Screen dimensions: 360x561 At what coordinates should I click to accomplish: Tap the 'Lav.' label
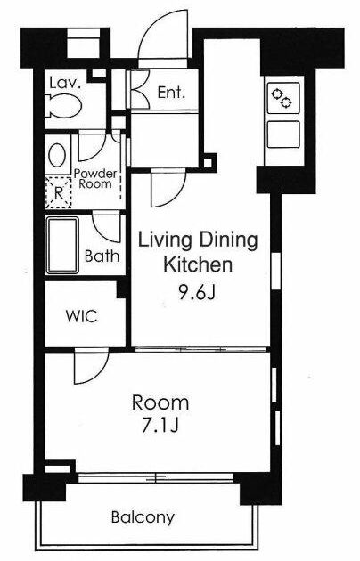pyautogui.click(x=65, y=83)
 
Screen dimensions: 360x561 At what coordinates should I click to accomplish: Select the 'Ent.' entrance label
pyautogui.click(x=171, y=93)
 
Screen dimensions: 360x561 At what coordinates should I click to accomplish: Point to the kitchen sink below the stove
pyautogui.click(x=283, y=134)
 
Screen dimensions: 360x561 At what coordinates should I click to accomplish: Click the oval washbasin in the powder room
pyautogui.click(x=57, y=155)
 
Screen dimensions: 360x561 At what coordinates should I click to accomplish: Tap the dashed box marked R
pyautogui.click(x=58, y=192)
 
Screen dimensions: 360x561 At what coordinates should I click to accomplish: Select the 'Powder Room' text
pyautogui.click(x=95, y=179)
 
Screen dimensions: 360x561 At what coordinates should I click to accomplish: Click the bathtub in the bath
pyautogui.click(x=61, y=246)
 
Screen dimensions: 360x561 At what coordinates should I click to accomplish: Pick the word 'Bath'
pyautogui.click(x=102, y=256)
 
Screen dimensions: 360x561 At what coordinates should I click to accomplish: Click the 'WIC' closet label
pyautogui.click(x=81, y=316)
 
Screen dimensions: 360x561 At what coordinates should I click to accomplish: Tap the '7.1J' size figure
pyautogui.click(x=160, y=426)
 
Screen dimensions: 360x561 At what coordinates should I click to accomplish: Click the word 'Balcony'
pyautogui.click(x=143, y=517)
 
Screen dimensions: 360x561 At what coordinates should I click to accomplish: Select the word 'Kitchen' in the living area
pyautogui.click(x=198, y=264)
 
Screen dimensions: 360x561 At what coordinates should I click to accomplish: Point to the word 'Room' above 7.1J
pyautogui.click(x=160, y=402)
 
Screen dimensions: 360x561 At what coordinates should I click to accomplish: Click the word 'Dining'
pyautogui.click(x=228, y=240)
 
